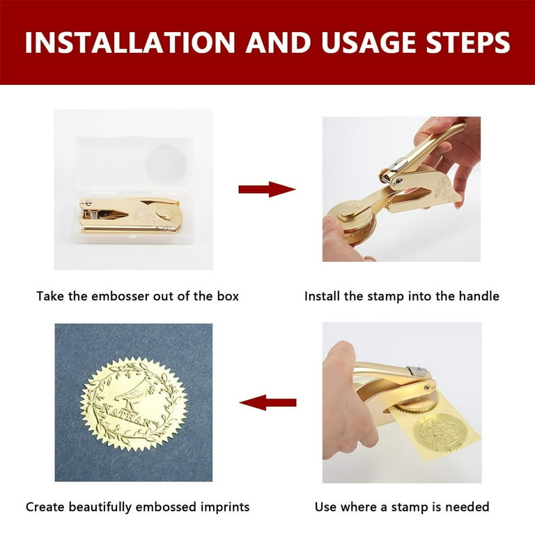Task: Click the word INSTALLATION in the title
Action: click(x=130, y=42)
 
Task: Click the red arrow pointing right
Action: click(x=267, y=189)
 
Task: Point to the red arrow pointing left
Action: click(x=267, y=403)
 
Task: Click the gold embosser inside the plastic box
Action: click(x=130, y=215)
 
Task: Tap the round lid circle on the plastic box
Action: click(x=166, y=164)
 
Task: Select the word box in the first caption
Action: click(x=228, y=296)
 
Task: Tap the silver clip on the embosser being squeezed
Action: click(x=417, y=372)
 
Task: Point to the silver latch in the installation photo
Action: click(x=398, y=165)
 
